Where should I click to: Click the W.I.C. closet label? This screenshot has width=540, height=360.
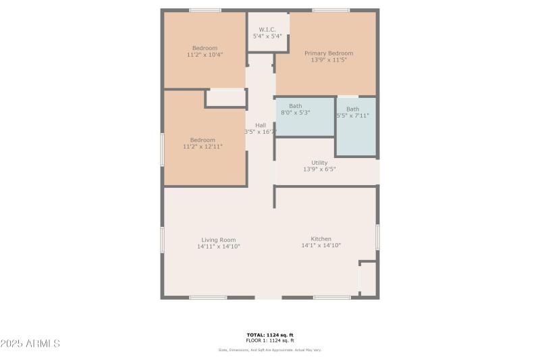coord(267,30)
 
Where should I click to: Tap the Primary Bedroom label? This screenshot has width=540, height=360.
coord(329,53)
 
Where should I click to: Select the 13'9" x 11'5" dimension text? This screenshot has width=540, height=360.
coord(329,60)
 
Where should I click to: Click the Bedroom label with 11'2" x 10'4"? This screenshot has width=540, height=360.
coord(205,48)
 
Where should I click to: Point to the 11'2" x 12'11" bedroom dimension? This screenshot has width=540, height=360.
coord(202,146)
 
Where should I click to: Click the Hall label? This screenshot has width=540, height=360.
coord(261,125)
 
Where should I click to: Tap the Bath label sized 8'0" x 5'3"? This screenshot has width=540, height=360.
coord(296,106)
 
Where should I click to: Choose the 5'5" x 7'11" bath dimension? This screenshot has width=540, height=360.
coord(353,115)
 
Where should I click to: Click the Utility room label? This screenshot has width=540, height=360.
coord(319,163)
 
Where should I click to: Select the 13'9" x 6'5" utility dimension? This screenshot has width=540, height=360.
coord(319,170)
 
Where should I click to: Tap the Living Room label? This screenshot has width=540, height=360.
coord(218,240)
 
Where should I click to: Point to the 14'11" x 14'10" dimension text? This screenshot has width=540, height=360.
coord(218,247)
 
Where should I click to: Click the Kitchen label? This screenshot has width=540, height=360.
coord(321,239)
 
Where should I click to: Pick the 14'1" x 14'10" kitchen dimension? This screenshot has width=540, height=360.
coord(321,246)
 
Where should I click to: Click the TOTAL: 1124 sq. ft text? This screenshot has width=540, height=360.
coord(270,335)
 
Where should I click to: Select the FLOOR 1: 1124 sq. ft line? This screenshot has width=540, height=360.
coord(270,340)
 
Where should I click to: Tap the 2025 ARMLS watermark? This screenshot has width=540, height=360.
coord(31,344)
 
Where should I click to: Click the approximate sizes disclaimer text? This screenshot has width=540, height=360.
coord(270,350)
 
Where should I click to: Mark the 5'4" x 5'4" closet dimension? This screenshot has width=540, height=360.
coord(267,36)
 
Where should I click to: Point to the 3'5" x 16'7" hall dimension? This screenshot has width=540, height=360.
coord(261,132)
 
